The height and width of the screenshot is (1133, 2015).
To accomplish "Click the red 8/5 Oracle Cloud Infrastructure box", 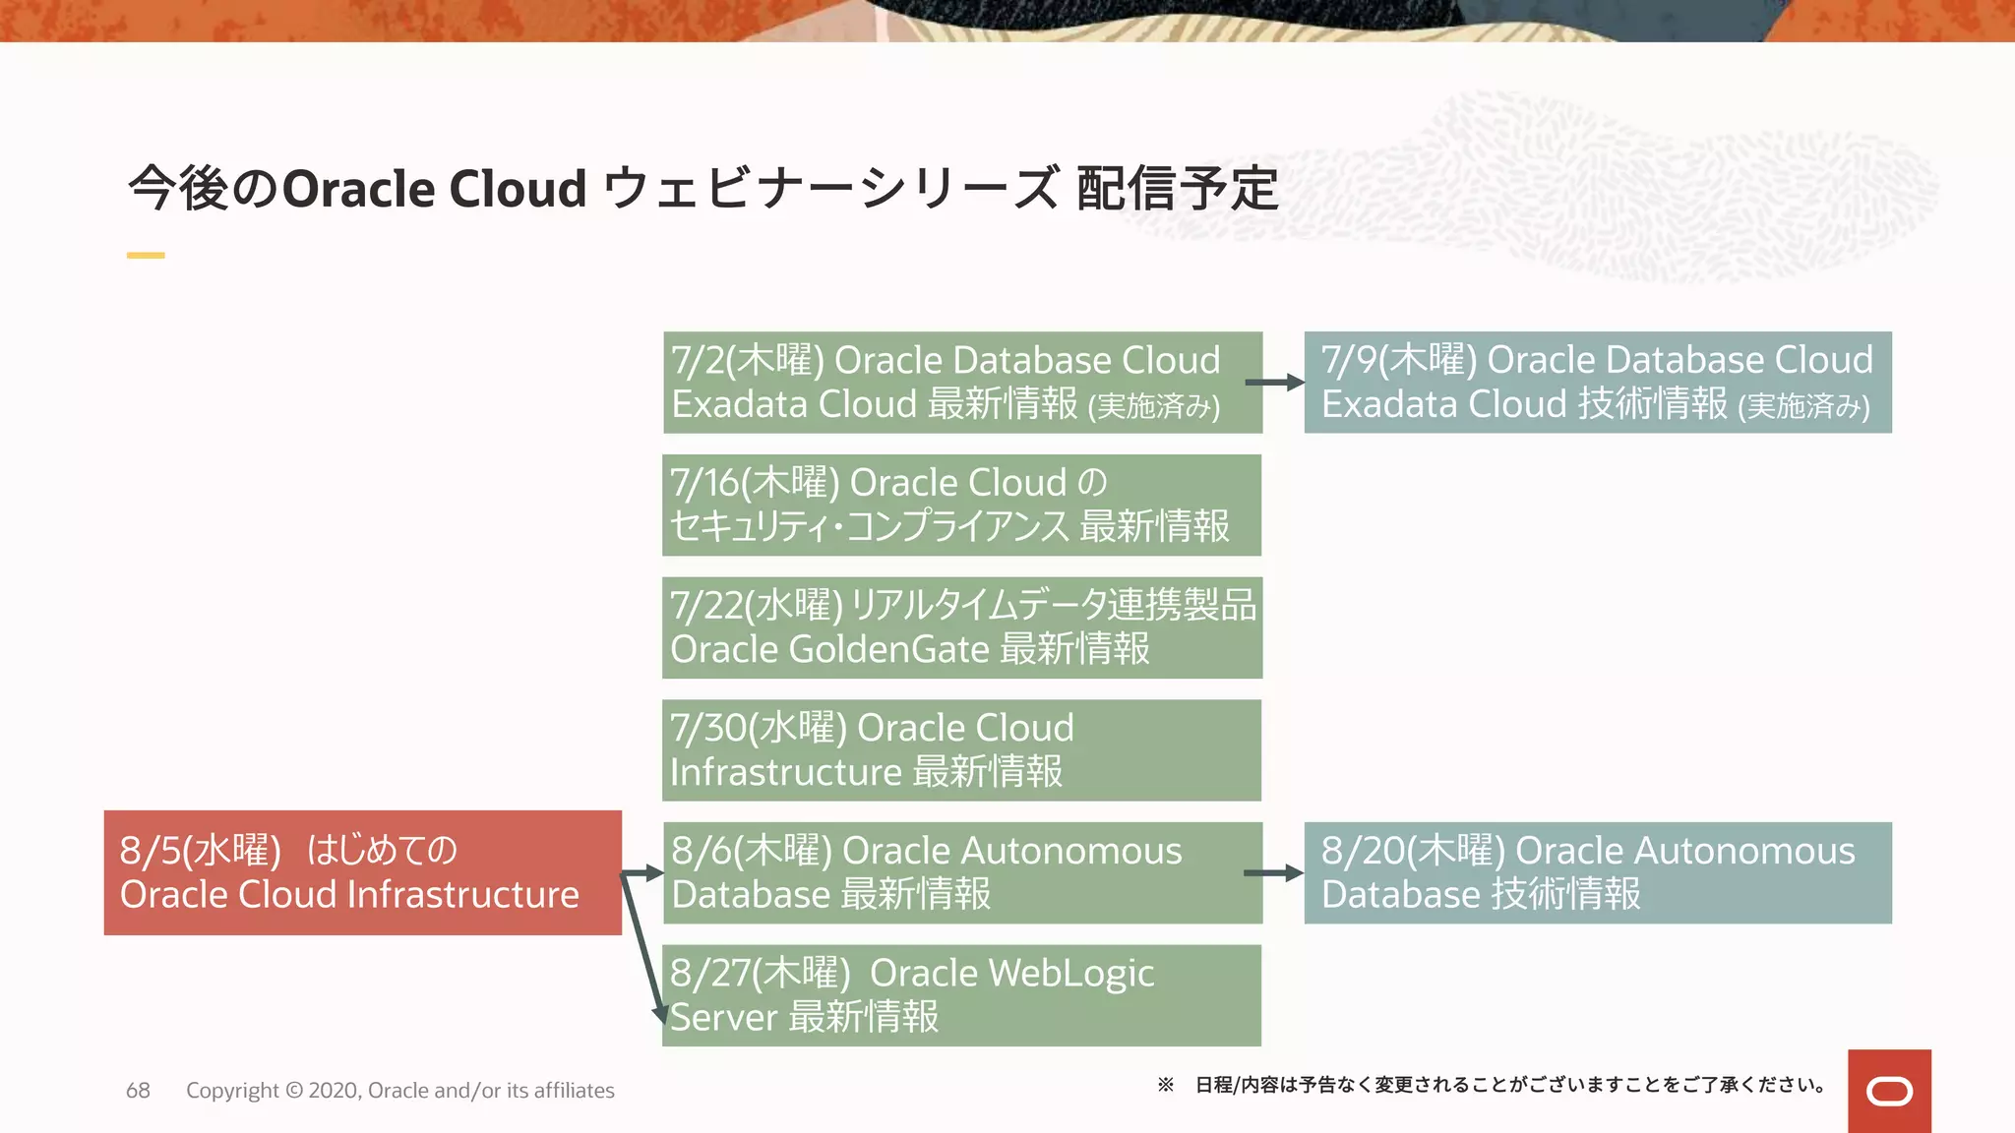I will coord(362,872).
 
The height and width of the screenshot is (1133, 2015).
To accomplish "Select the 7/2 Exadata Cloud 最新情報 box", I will coord(962,383).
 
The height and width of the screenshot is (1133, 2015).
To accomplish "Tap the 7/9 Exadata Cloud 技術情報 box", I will coord(1597,383).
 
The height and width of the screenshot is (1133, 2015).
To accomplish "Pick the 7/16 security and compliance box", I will coord(961,505).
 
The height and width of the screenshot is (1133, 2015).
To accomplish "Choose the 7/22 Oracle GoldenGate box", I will coord(961,627).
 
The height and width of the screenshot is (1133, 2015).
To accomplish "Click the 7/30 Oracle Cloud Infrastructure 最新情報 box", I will coord(961,749).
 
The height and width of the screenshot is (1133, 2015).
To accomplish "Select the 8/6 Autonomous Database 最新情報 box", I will coord(962,872).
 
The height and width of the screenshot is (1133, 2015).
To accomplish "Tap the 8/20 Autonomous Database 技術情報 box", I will coord(1597,872).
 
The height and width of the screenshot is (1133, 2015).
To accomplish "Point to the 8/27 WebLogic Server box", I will coord(961,994).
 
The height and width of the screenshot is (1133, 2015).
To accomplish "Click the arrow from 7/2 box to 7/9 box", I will coord(1275,383).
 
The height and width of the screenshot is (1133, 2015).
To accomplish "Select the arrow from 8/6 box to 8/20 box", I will coord(1274,872).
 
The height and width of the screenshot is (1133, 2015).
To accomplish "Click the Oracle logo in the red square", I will coord(1889,1092).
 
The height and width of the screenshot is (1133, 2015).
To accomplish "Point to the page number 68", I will coord(138,1091).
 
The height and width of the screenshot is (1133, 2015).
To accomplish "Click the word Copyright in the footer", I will coord(232,1091).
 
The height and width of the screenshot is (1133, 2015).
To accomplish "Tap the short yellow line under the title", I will coord(146,256).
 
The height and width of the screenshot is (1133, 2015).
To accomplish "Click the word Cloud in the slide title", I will coord(518,189).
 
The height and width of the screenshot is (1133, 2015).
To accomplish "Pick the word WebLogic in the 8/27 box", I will coord(1070,973).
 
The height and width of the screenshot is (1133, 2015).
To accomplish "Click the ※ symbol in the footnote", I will coord(1166,1085).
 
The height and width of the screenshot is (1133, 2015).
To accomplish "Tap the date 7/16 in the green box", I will coord(703,483).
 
